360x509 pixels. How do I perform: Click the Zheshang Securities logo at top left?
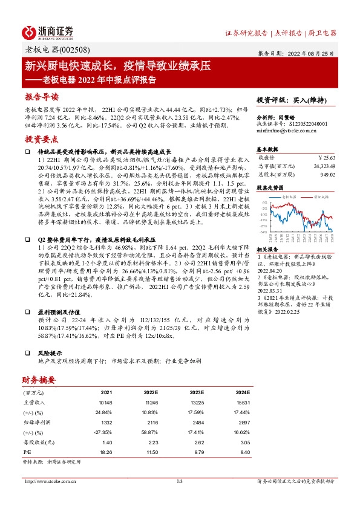[x=47, y=32]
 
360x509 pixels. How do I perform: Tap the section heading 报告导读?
[x=41, y=97]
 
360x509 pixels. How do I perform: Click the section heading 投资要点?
[x=41, y=139]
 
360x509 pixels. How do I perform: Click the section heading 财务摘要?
[x=39, y=380]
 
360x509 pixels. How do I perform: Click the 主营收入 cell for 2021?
[x=105, y=402]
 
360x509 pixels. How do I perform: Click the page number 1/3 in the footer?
[x=179, y=481]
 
